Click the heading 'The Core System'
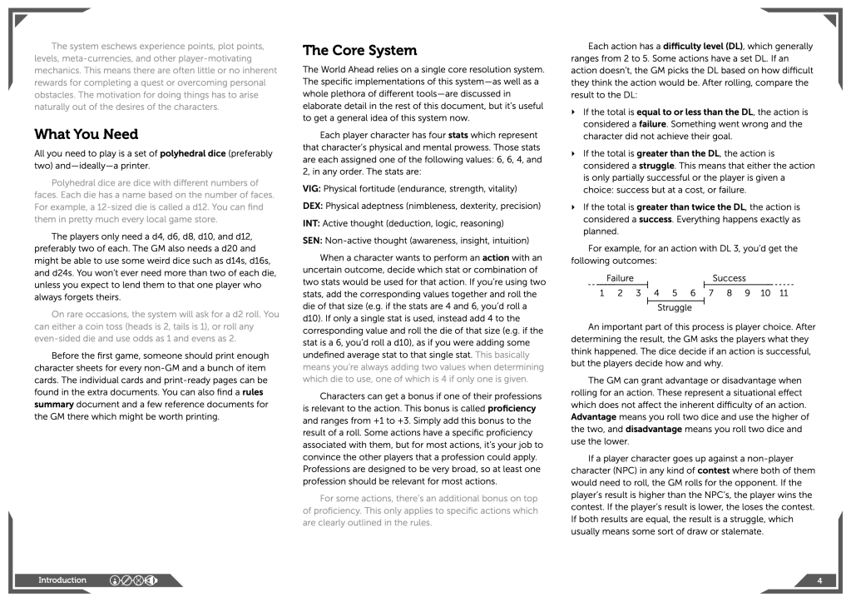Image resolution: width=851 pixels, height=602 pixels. click(359, 50)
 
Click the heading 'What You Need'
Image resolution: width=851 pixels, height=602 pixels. click(86, 134)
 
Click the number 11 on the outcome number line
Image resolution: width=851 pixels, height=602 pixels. click(784, 292)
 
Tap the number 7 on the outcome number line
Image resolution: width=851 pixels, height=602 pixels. click(711, 292)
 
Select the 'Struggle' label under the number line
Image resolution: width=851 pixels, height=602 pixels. click(675, 307)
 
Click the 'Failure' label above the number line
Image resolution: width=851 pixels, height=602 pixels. click(621, 278)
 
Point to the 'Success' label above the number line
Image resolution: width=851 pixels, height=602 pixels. click(729, 278)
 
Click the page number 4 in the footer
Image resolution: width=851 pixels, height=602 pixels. click(819, 580)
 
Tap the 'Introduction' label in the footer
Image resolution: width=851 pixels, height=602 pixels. click(62, 580)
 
